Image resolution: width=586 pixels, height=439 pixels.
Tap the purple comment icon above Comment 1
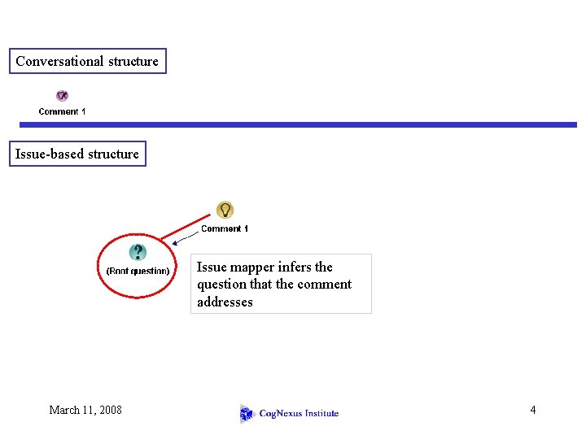[62, 96]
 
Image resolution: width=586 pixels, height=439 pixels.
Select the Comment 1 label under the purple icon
[62, 111]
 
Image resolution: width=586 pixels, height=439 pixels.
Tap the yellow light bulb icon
[225, 210]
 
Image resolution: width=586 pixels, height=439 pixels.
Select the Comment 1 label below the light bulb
[225, 228]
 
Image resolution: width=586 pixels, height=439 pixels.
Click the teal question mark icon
[138, 252]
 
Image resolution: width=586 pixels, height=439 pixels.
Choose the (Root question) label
[138, 271]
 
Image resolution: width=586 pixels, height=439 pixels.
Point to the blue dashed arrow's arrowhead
[175, 240]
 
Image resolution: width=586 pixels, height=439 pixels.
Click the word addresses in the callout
[225, 302]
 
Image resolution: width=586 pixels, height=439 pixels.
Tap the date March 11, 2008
[85, 410]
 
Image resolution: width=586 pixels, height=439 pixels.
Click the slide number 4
[533, 410]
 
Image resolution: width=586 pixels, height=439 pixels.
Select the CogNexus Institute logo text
[299, 414]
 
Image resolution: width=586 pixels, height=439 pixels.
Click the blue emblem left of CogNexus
[247, 414]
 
